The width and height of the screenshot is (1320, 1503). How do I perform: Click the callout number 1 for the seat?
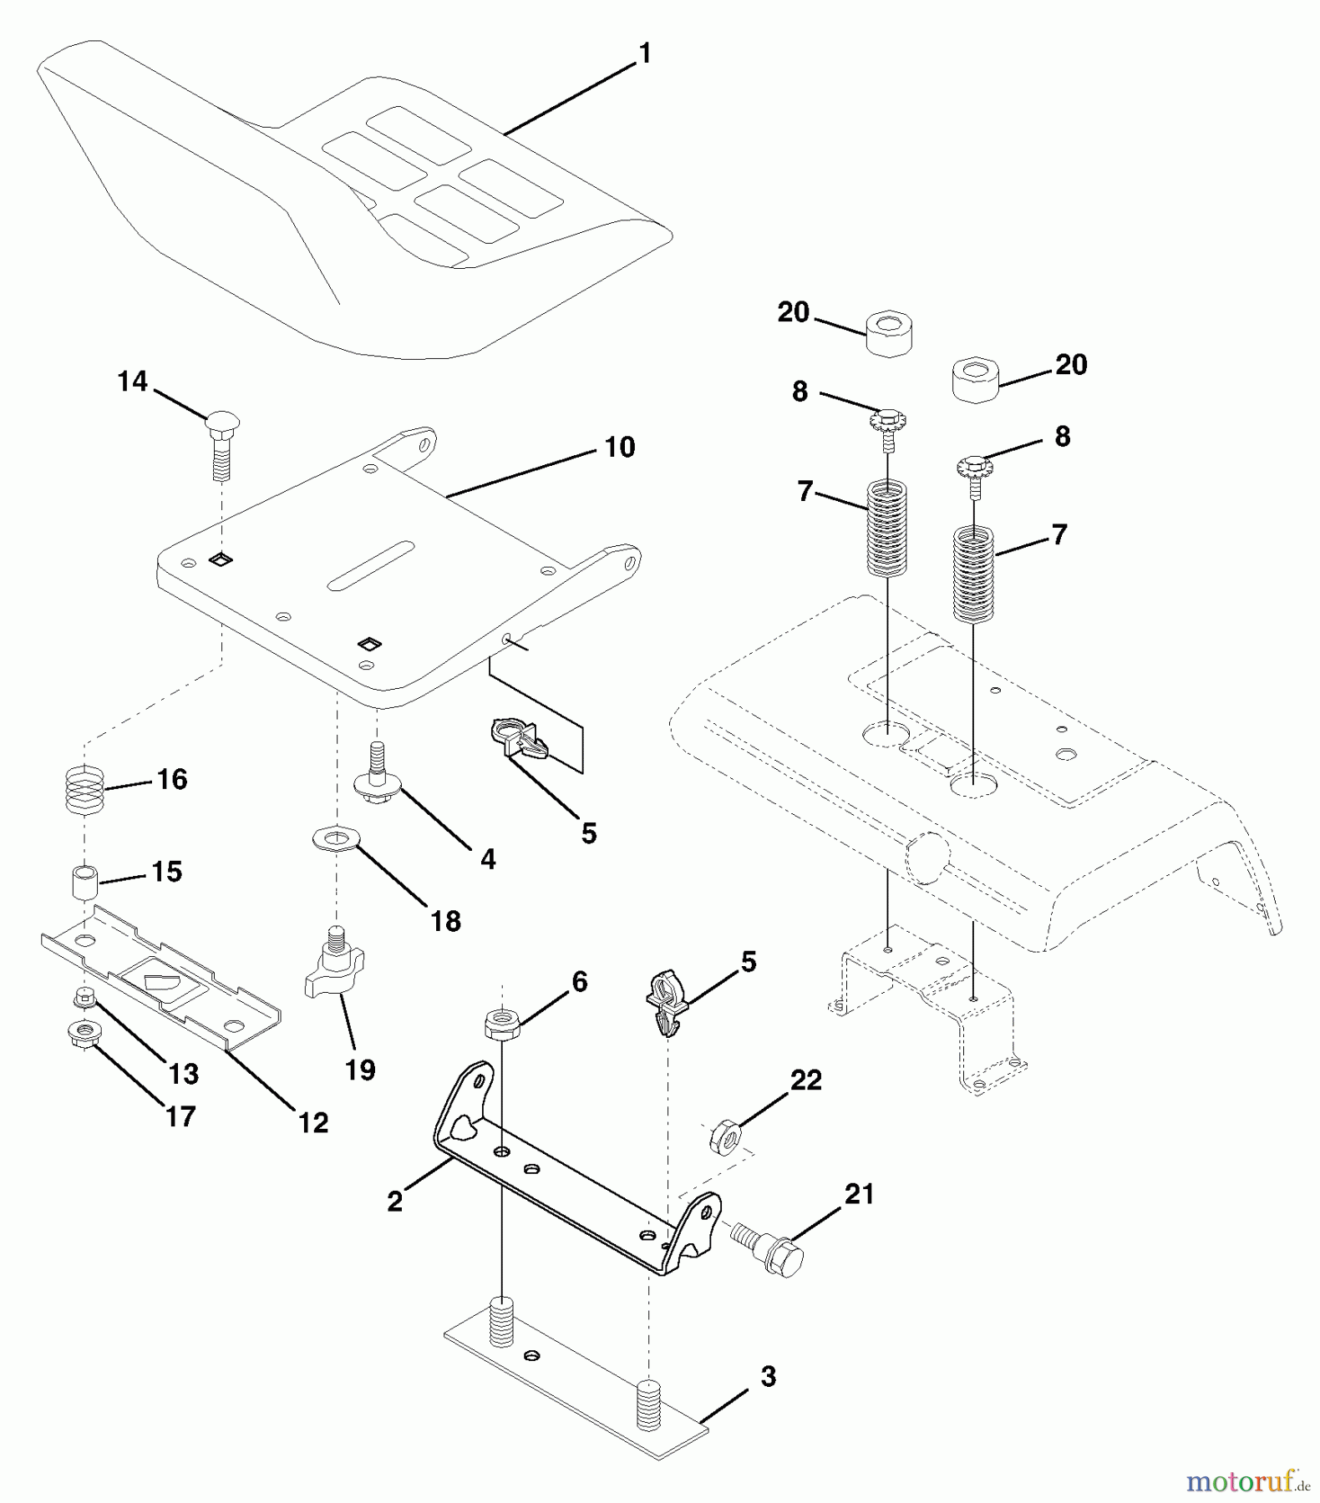click(x=644, y=53)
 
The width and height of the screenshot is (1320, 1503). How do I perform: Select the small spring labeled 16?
click(x=84, y=791)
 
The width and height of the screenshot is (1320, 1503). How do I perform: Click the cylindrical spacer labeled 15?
click(x=84, y=883)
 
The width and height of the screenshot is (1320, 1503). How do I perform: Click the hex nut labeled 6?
click(x=502, y=1023)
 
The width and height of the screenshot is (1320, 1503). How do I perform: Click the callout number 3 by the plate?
click(x=768, y=1377)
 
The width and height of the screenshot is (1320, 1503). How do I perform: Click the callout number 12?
click(x=313, y=1123)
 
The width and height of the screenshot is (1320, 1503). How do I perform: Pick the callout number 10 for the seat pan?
click(x=619, y=448)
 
